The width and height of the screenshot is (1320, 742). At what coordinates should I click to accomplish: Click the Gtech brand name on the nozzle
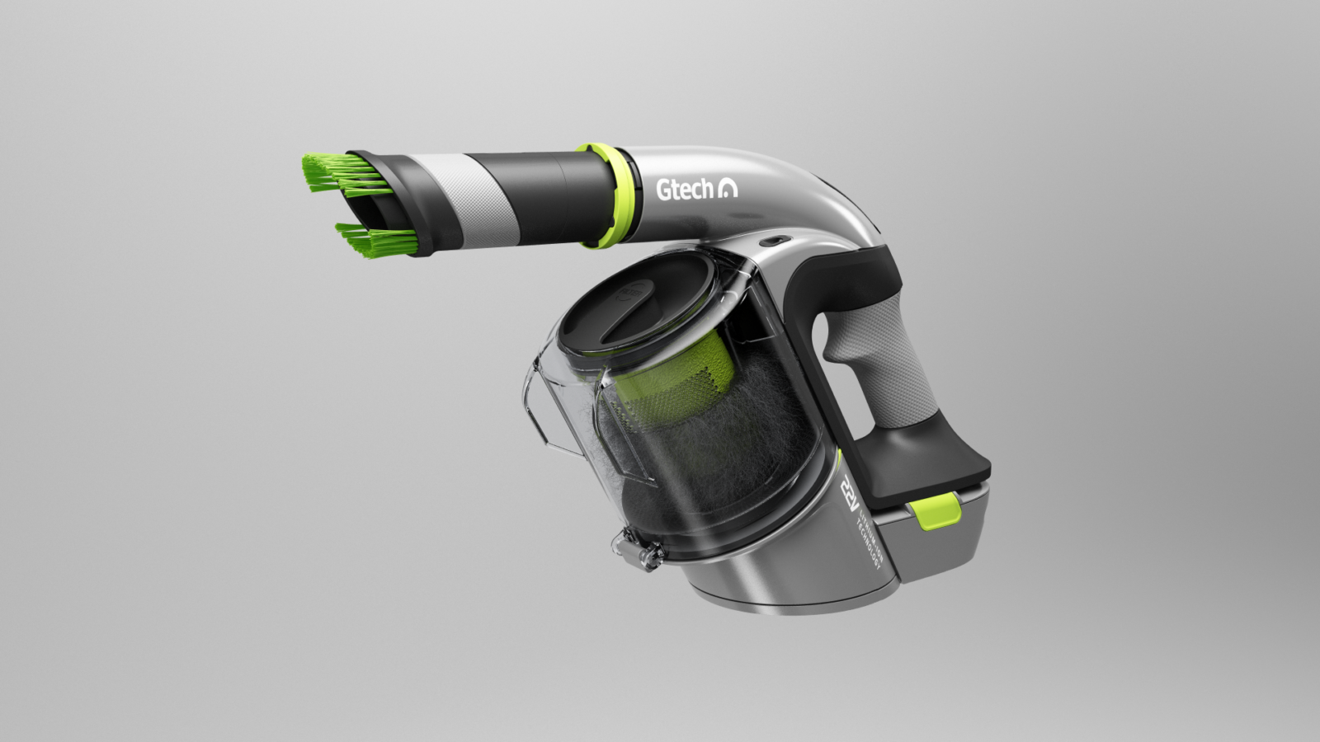(684, 190)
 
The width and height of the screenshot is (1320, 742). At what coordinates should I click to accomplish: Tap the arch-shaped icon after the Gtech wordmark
(729, 190)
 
